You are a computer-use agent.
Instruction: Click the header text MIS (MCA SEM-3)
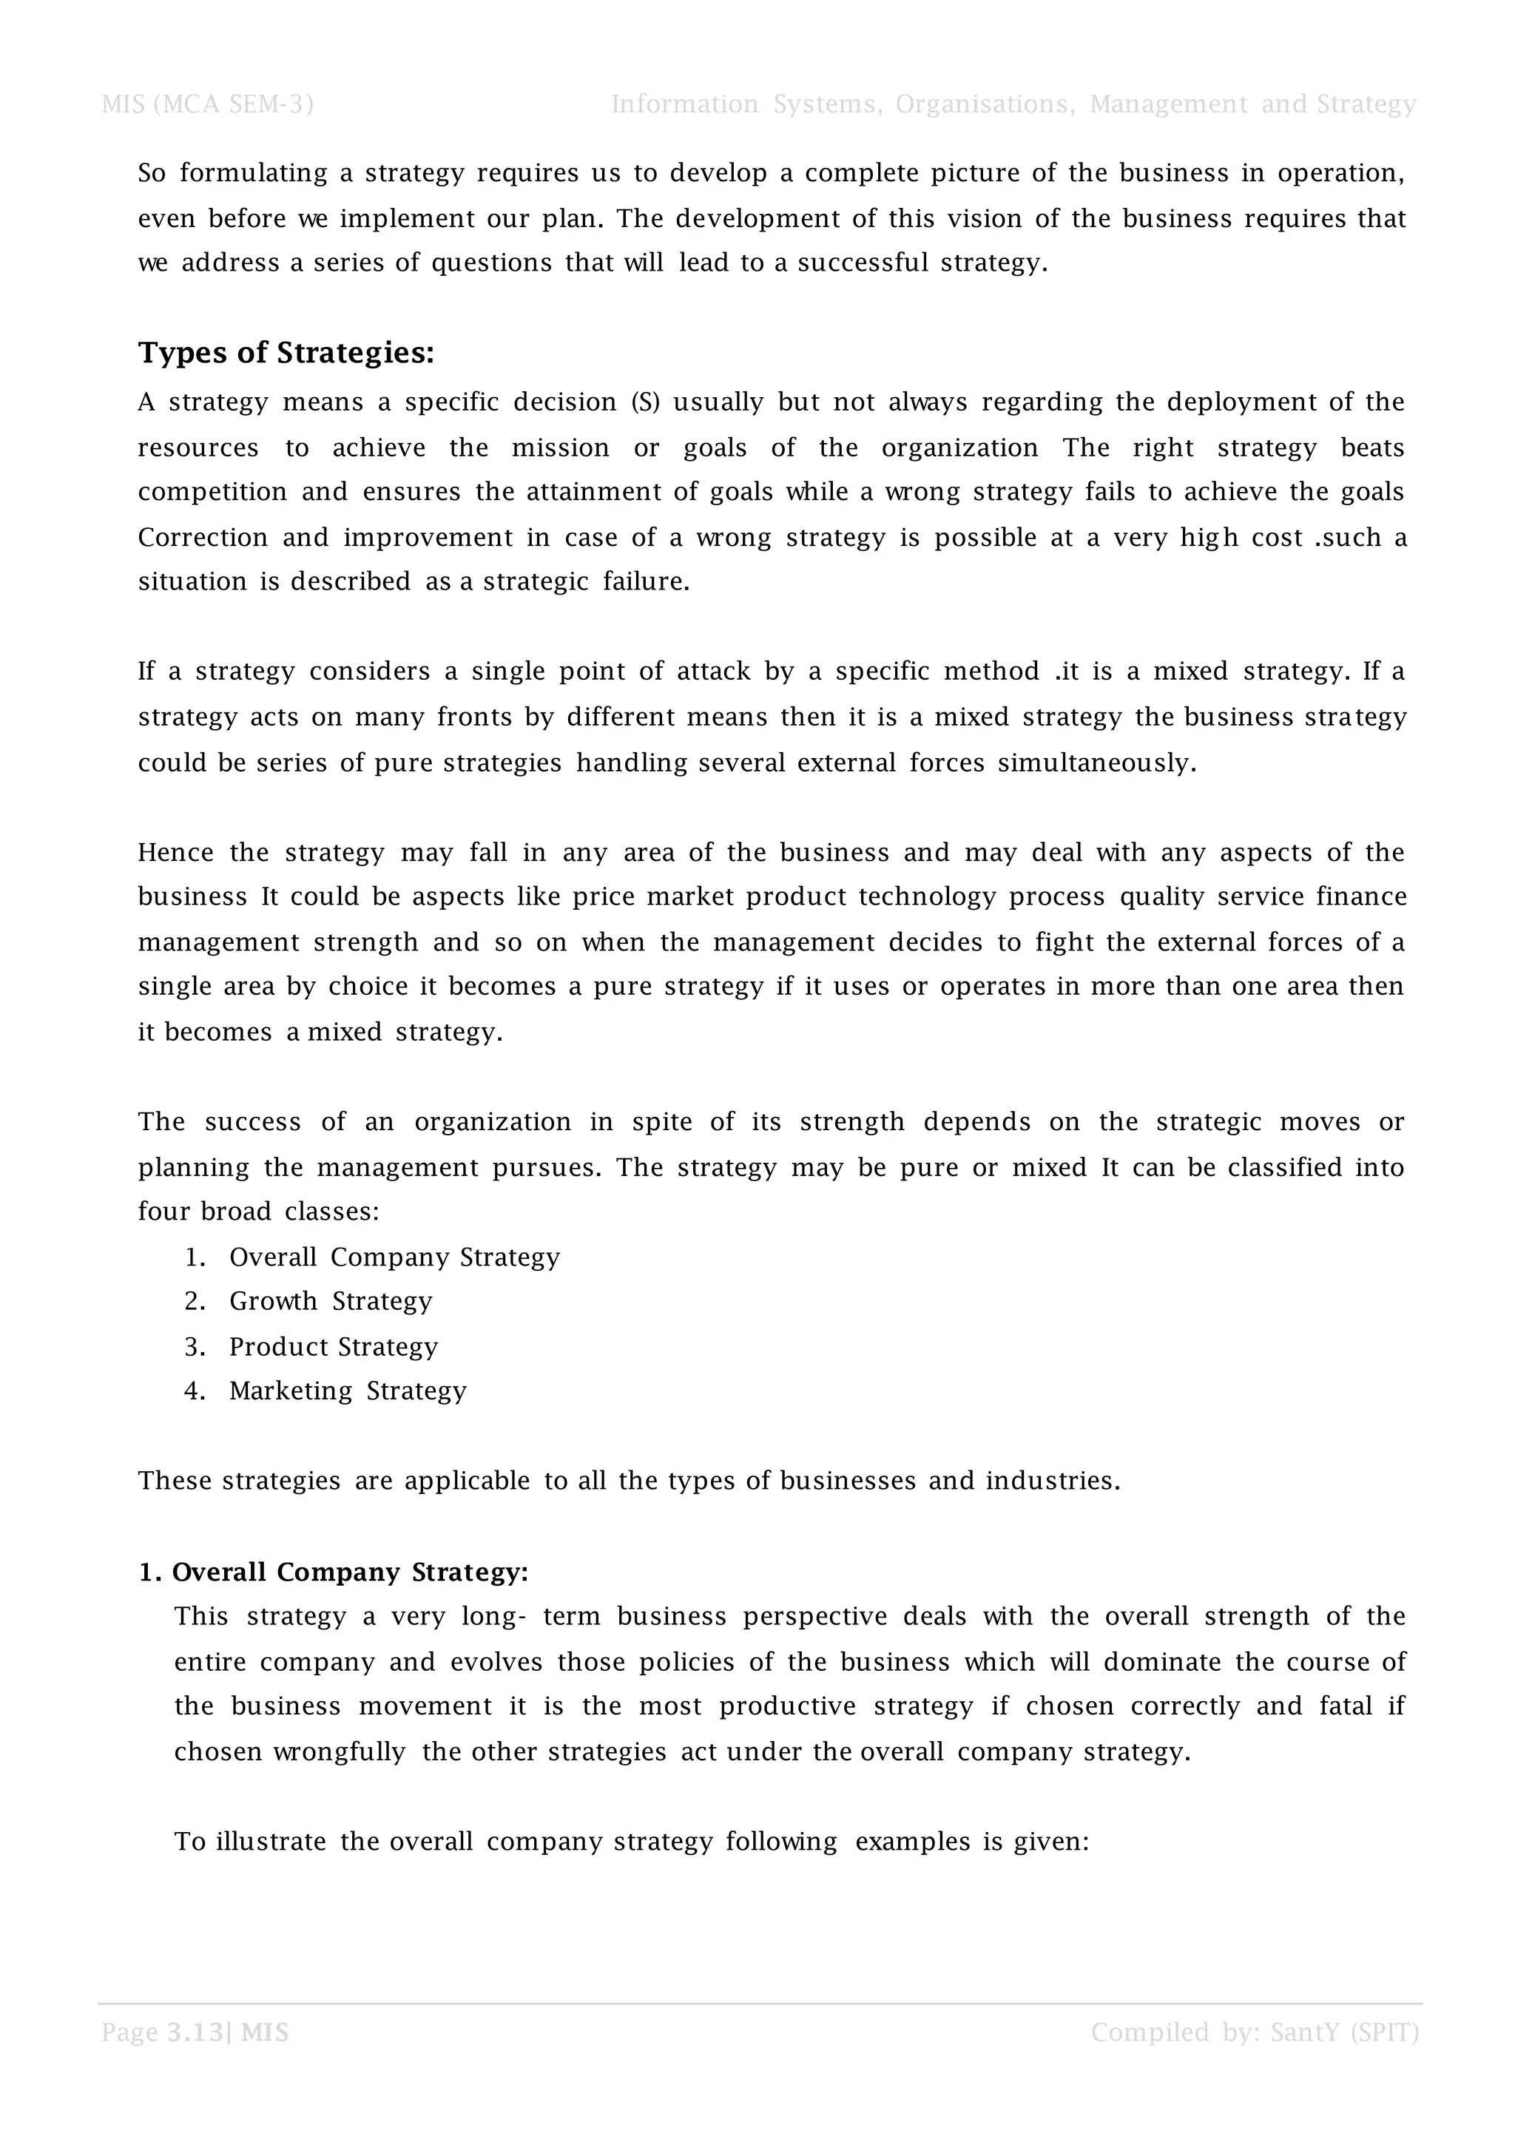coord(207,104)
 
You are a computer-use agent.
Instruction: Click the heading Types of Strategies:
coord(286,353)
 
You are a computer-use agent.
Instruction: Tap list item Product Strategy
coord(333,1346)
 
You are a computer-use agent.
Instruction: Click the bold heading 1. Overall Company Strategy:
coord(333,1572)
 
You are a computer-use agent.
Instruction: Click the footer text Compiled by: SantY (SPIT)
coord(1254,2032)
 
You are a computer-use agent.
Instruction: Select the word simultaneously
coord(1096,763)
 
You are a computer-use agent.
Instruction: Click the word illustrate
coord(271,1841)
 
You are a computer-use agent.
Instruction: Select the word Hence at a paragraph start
coord(175,852)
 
